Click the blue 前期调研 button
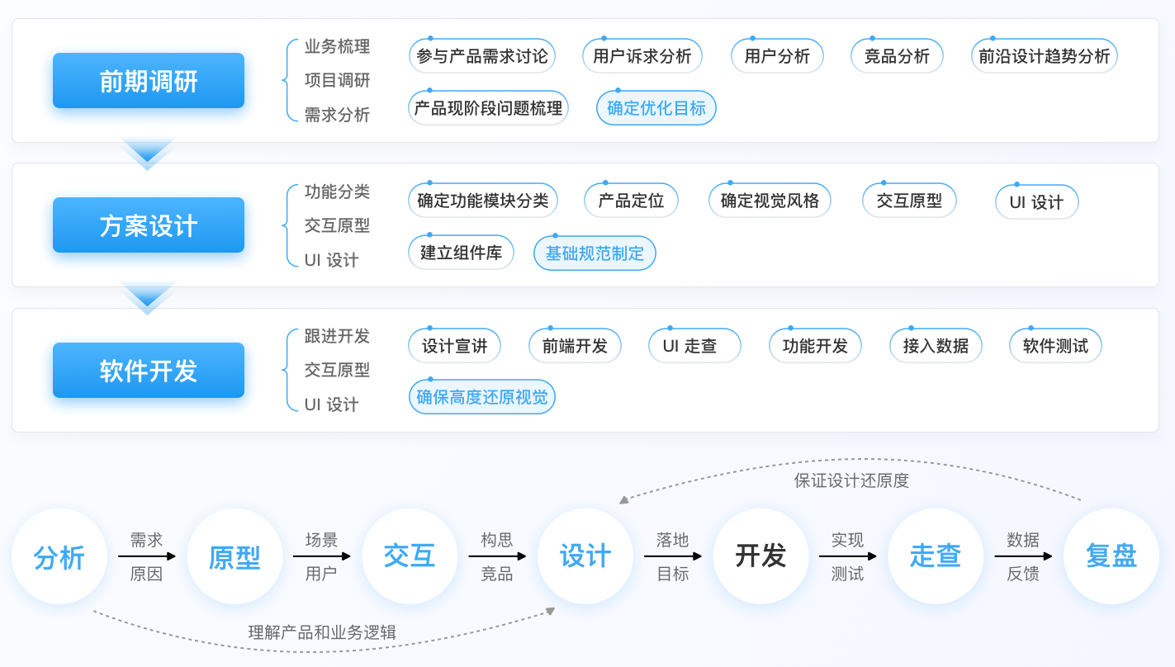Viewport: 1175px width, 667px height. click(149, 81)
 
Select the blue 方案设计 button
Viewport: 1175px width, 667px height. click(149, 225)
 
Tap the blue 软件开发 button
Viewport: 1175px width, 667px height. click(149, 371)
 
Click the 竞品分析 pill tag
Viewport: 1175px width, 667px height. click(897, 56)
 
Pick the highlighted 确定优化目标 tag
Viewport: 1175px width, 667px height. click(656, 108)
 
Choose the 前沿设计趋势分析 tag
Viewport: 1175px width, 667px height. click(1044, 56)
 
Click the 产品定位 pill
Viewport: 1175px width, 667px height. click(631, 201)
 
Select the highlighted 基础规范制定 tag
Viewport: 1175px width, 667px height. click(595, 253)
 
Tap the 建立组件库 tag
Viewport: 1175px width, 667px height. click(461, 253)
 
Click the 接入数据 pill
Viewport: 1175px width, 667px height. click(936, 346)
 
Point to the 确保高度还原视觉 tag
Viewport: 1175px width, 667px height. click(481, 397)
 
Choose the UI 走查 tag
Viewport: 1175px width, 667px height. click(694, 346)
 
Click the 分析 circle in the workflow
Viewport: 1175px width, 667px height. click(59, 556)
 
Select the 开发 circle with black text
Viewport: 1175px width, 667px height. click(760, 556)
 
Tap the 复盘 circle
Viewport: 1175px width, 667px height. click(1111, 556)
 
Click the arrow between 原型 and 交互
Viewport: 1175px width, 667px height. click(322, 556)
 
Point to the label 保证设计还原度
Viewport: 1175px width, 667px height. click(851, 480)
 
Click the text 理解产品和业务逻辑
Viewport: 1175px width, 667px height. click(322, 632)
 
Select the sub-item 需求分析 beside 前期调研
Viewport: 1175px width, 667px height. click(337, 115)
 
